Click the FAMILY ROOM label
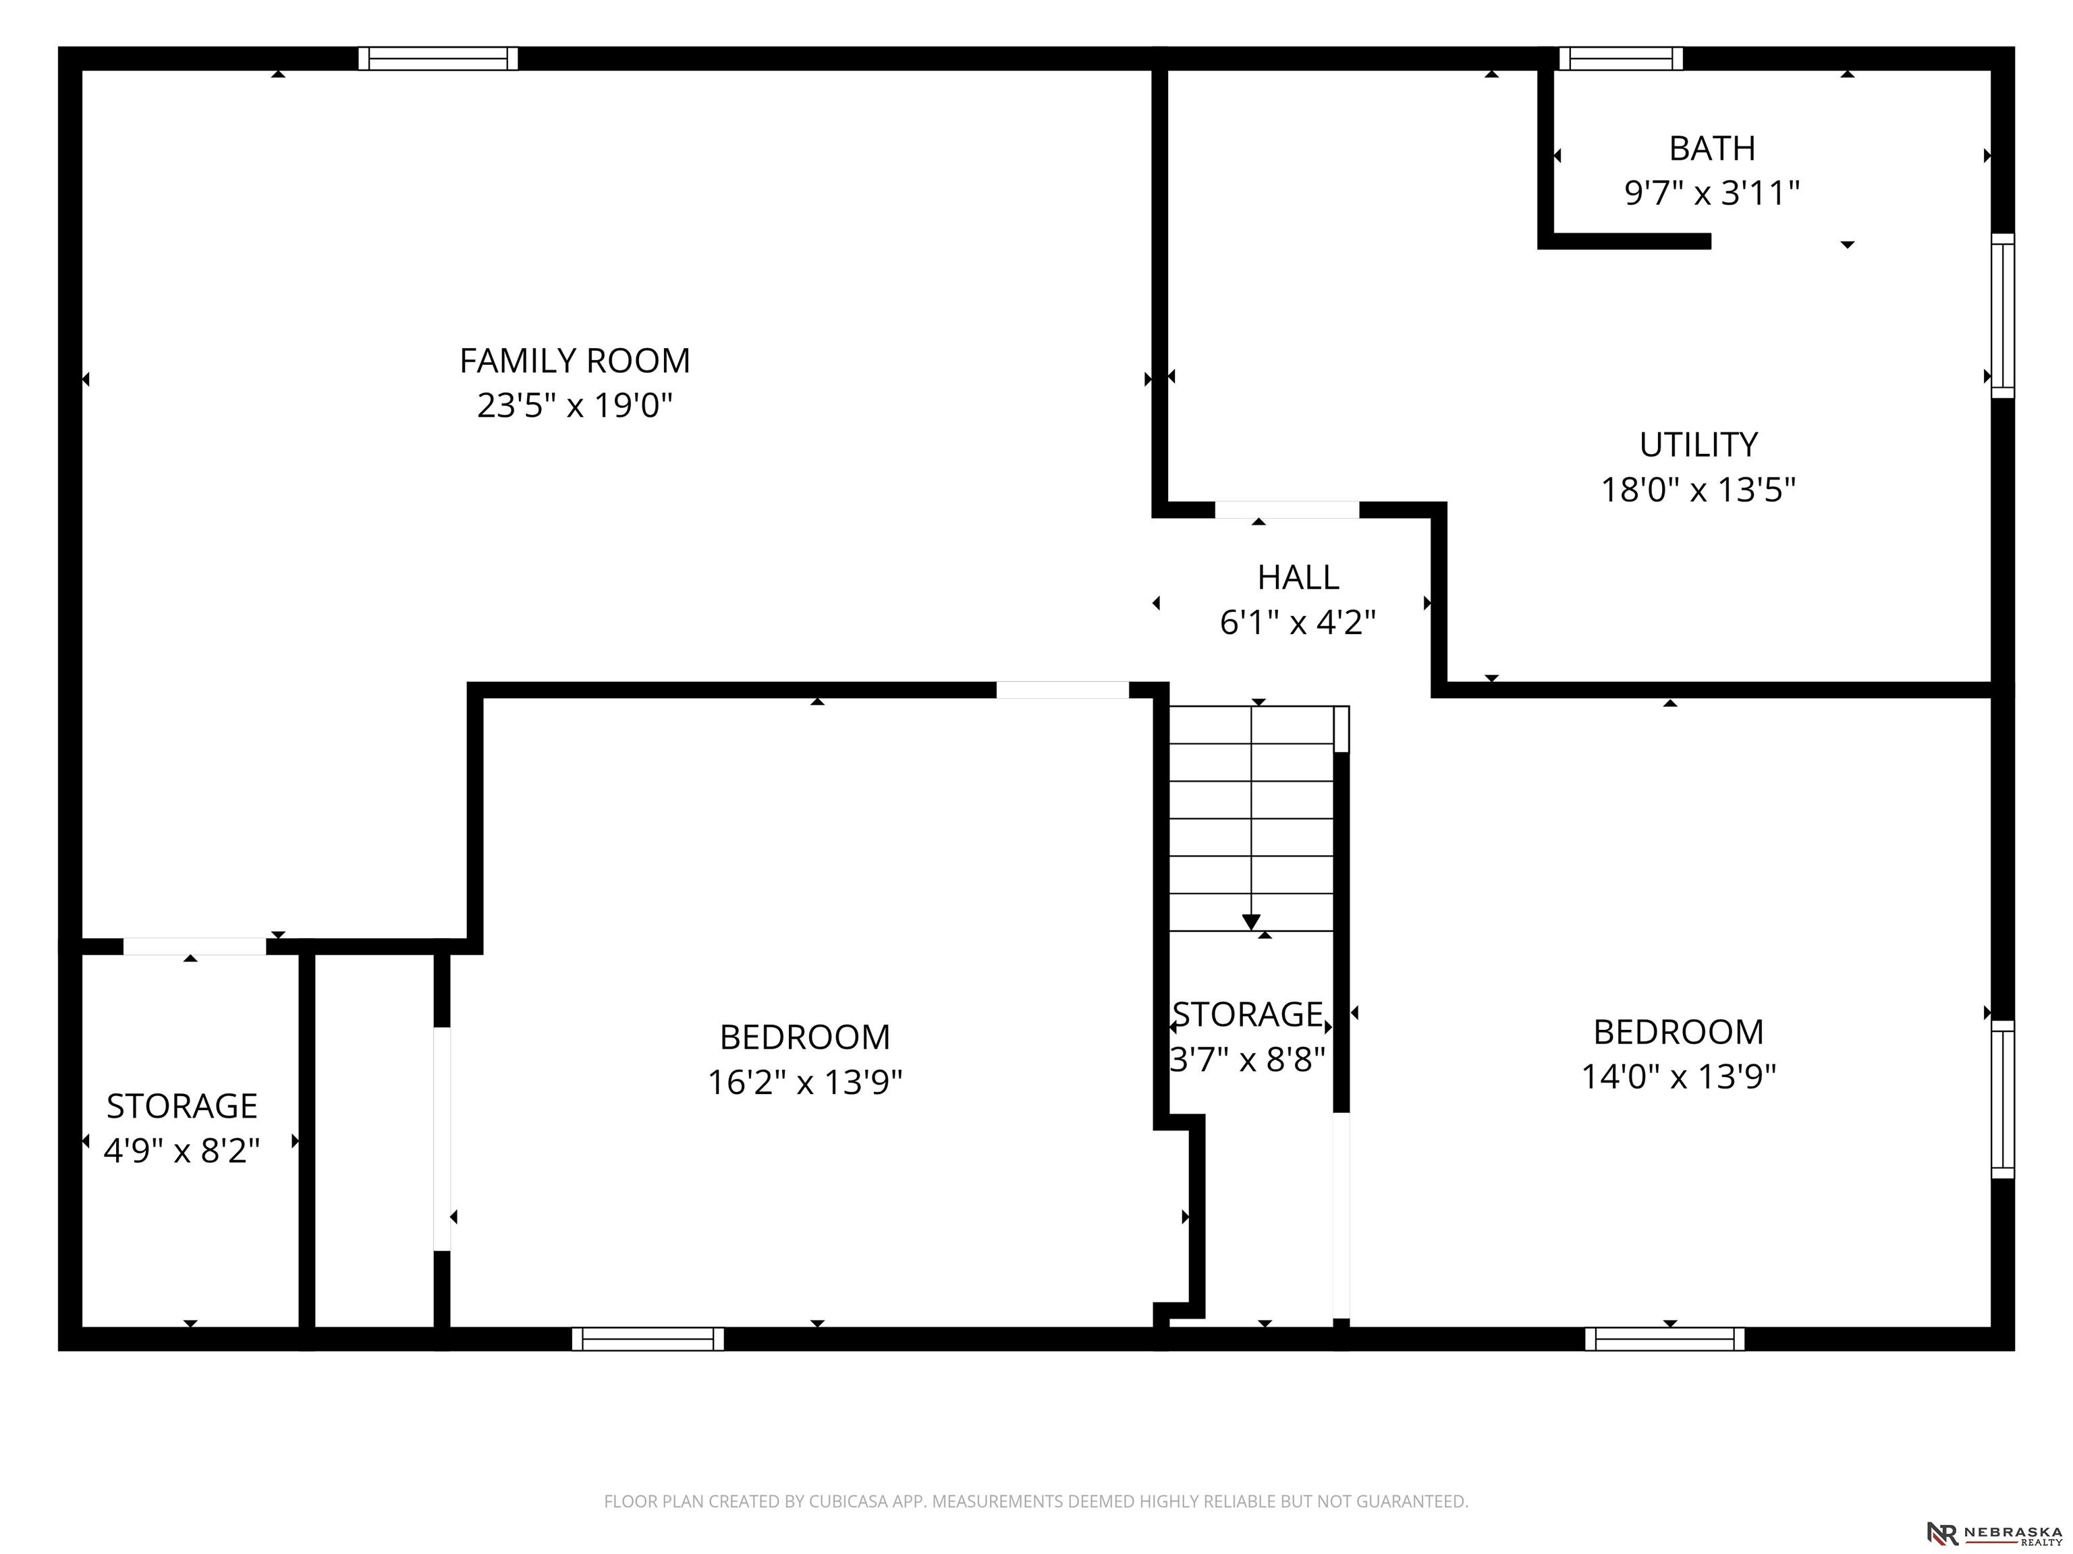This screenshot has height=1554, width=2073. pyautogui.click(x=574, y=361)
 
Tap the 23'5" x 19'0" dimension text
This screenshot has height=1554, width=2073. pyautogui.click(x=574, y=405)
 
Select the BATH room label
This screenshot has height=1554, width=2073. pyautogui.click(x=1712, y=148)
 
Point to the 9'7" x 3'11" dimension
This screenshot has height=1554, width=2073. pyautogui.click(x=1712, y=193)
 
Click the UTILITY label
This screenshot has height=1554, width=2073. pyautogui.click(x=1698, y=444)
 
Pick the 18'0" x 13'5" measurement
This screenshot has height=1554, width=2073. pyautogui.click(x=1698, y=489)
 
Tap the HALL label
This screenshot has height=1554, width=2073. pyautogui.click(x=1298, y=577)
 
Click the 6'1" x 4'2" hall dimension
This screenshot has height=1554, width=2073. pyautogui.click(x=1298, y=622)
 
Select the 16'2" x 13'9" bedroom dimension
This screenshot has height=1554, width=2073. pyautogui.click(x=805, y=1082)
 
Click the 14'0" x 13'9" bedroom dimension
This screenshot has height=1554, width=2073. pyautogui.click(x=1678, y=1076)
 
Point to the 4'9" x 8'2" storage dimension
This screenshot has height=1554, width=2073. pyautogui.click(x=182, y=1150)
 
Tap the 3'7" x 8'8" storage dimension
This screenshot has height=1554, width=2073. pyautogui.click(x=1247, y=1060)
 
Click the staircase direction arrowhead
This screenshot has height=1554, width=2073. pyautogui.click(x=1251, y=923)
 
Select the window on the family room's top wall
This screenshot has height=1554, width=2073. pyautogui.click(x=438, y=58)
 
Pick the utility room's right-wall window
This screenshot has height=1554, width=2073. pyautogui.click(x=2003, y=316)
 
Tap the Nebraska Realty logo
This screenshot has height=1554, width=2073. pyautogui.click(x=1994, y=1533)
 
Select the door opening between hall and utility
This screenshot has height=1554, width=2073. pyautogui.click(x=1287, y=510)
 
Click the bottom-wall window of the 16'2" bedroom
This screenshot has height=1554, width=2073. pyautogui.click(x=648, y=1339)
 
